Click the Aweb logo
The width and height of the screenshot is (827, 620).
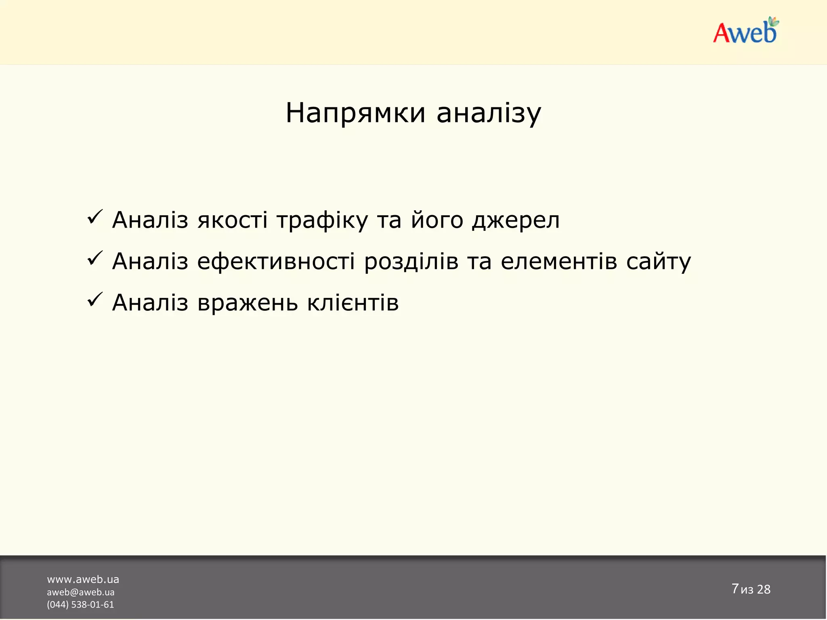point(745,31)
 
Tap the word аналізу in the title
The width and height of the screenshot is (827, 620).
point(489,113)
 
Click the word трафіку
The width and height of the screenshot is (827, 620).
point(322,221)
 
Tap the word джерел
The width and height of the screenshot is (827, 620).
point(516,221)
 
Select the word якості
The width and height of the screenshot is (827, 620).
point(232,221)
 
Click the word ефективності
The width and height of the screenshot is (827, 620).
point(276,262)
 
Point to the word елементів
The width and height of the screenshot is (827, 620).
point(559,262)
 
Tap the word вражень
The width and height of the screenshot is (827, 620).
point(248,303)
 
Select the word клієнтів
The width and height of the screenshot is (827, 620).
point(353,303)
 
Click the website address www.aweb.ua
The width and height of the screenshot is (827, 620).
point(83,580)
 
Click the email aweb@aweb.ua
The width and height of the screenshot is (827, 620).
point(80,592)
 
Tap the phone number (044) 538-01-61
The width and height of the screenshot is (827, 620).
point(80,605)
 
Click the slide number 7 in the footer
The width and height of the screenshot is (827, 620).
point(735,589)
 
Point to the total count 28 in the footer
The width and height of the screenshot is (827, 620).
point(764,589)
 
